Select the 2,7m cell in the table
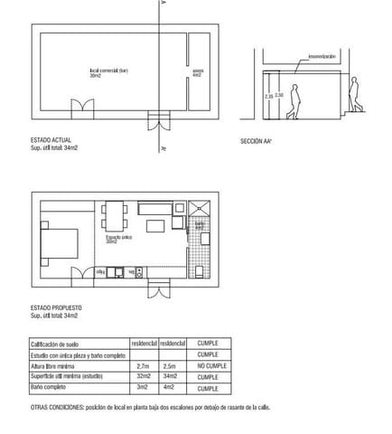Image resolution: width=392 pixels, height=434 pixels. [143, 365]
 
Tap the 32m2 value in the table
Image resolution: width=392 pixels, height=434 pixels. [143, 376]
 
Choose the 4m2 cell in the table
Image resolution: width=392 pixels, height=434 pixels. [168, 388]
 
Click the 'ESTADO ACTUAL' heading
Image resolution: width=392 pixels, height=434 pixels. [51, 142]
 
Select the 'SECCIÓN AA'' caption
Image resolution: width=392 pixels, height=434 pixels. [257, 142]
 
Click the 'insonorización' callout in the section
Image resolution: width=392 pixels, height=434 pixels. [322, 56]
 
